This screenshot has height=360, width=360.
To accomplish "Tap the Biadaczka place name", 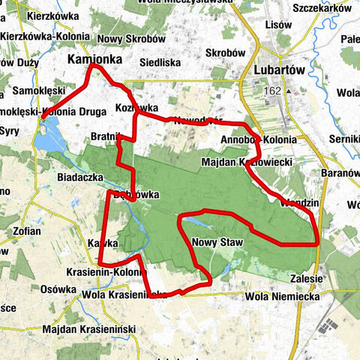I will click(x=79, y=178).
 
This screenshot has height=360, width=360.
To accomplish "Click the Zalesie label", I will click(x=307, y=278).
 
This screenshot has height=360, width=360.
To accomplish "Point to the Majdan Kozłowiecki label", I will click(x=247, y=162).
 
